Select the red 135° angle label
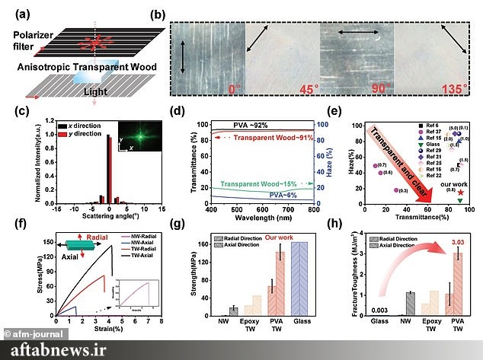[x=454, y=89]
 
